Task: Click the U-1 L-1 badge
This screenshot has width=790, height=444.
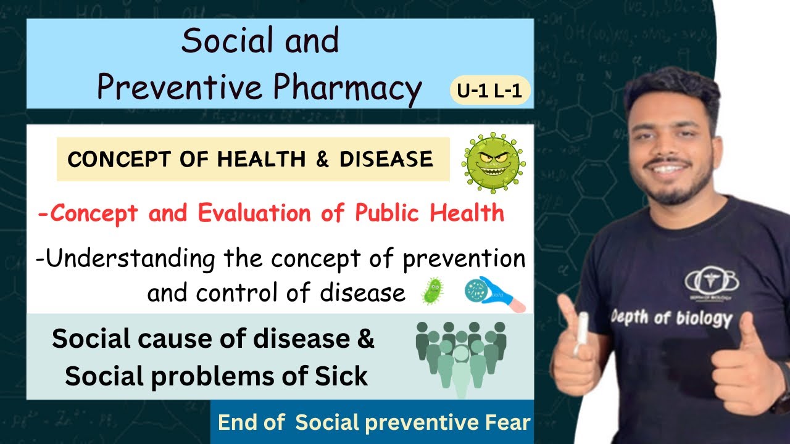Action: [x=489, y=91]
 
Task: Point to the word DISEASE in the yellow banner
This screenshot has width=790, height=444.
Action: [x=386, y=160]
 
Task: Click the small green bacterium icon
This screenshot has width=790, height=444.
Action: [x=432, y=290]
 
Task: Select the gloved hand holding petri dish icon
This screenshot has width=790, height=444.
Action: [x=494, y=294]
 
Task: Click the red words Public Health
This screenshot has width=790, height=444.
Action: [x=430, y=213]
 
